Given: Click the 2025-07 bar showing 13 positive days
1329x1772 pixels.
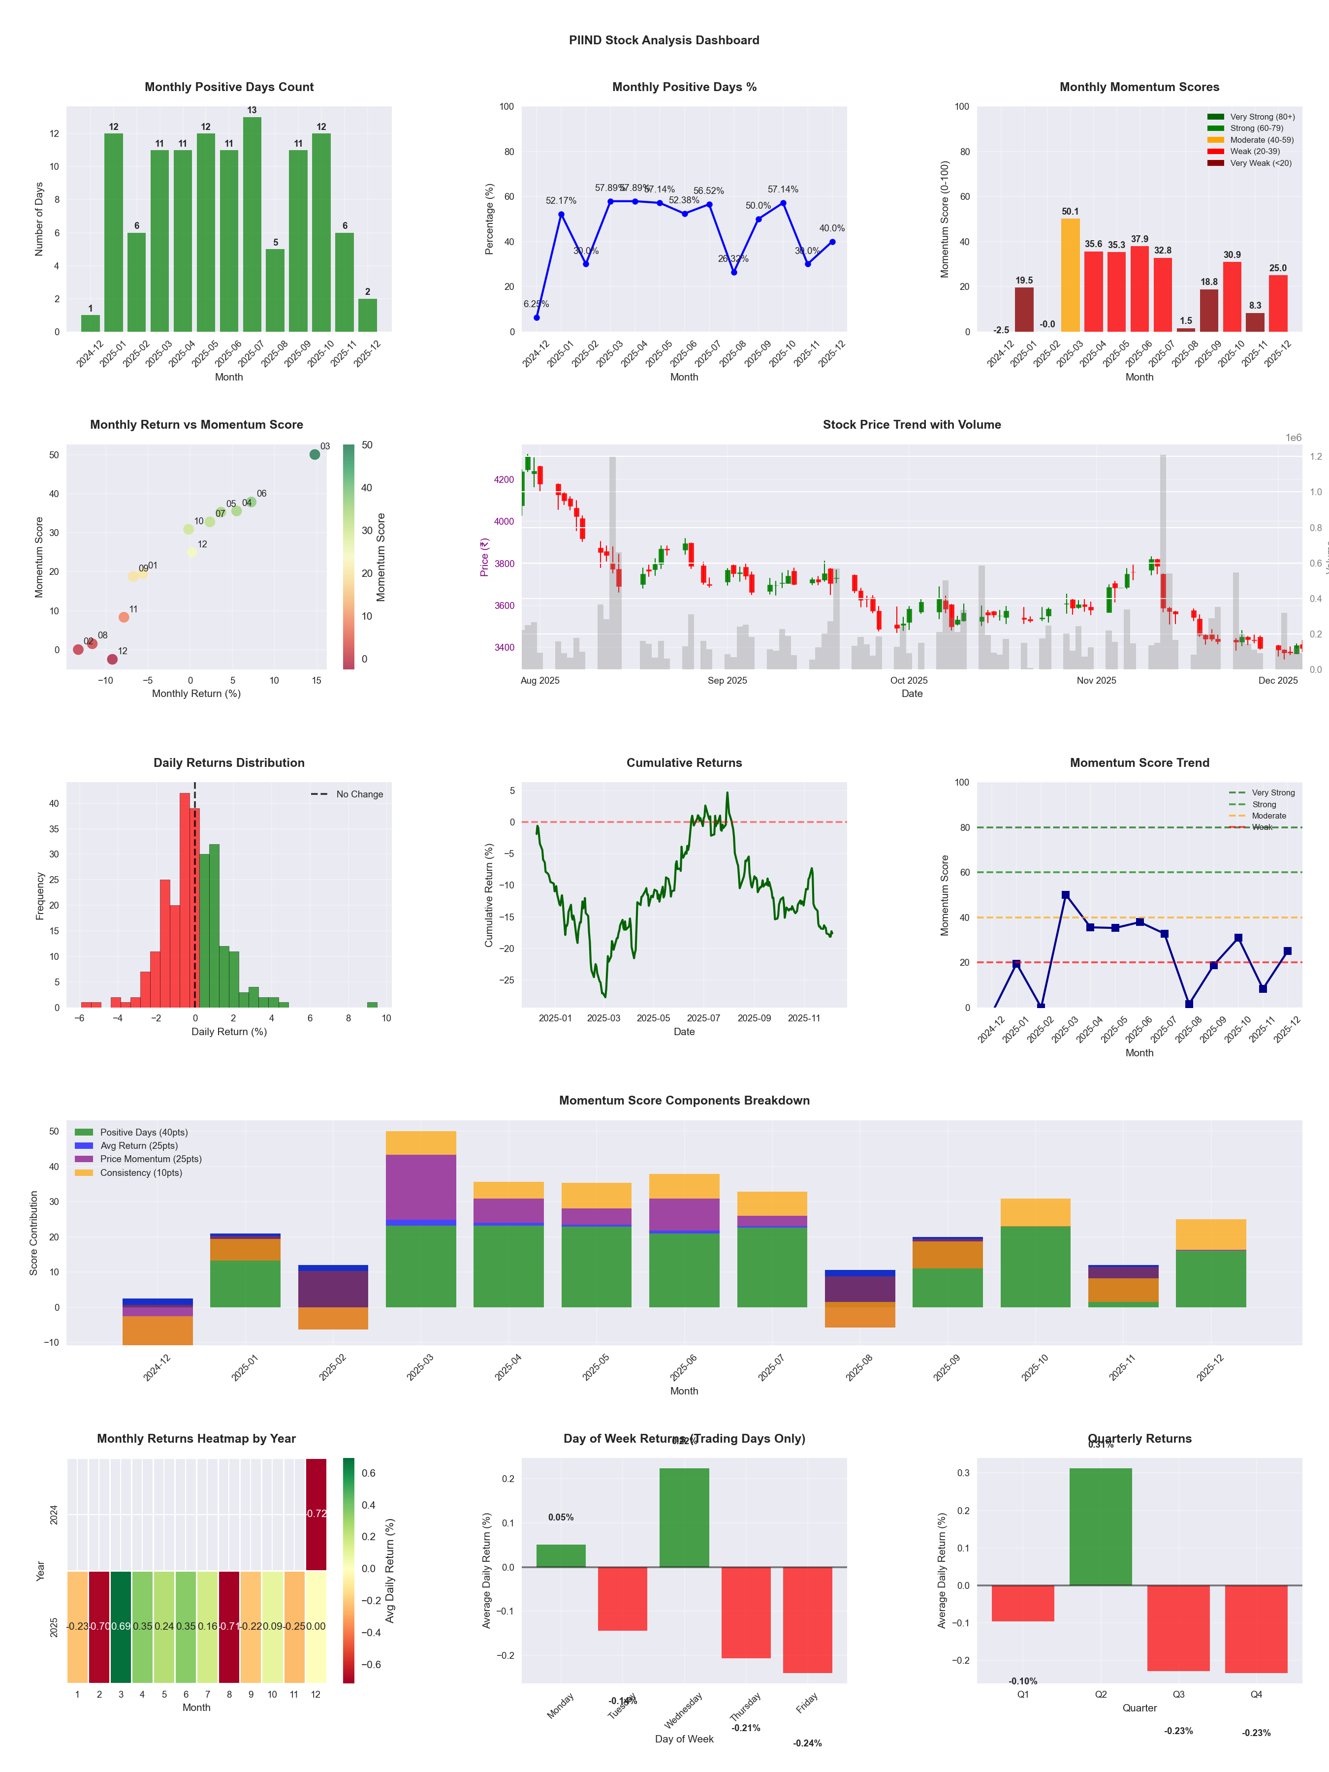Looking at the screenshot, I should point(252,224).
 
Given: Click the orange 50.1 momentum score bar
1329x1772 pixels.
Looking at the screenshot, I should point(1070,275).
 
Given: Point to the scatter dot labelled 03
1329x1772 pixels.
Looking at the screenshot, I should point(315,454).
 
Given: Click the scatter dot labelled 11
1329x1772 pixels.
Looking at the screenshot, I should point(124,617).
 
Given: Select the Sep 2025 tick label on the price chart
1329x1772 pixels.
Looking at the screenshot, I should point(727,681).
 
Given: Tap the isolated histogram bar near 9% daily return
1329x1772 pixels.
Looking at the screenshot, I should point(372,1005).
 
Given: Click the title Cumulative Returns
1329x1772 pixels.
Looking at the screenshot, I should point(684,762).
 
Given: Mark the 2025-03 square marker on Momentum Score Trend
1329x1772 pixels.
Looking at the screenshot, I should point(1066,895).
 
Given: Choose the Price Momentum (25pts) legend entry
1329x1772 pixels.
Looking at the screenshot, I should point(151,1159).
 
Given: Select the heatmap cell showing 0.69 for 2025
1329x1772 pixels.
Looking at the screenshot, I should point(121,1626).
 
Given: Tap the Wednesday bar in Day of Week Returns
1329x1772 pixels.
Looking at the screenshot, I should point(684,1517).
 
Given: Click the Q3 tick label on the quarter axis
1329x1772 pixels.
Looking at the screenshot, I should point(1178,1694).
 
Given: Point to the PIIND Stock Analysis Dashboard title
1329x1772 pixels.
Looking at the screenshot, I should point(664,40).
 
